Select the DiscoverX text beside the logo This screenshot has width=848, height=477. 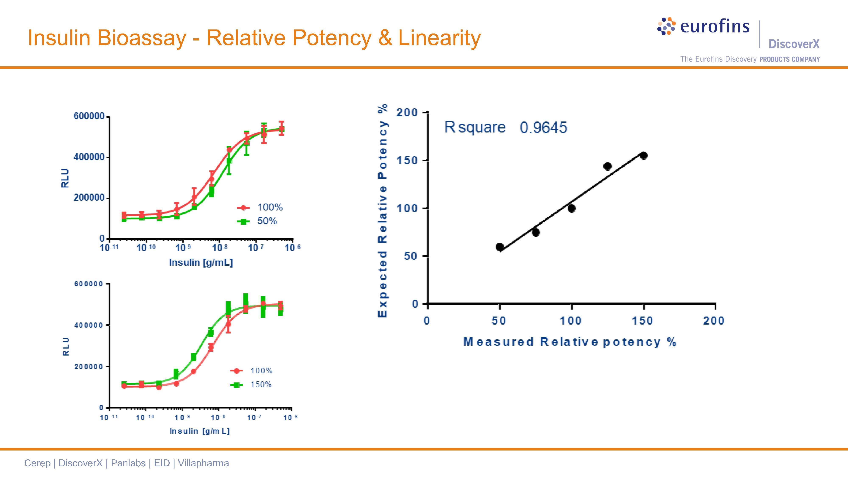point(794,44)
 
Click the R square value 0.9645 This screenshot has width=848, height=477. point(544,127)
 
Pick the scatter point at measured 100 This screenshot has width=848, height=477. point(572,208)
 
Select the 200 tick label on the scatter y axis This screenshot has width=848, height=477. point(407,113)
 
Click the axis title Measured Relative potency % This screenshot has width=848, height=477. point(569,342)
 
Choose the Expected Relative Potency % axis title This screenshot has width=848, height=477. point(382,211)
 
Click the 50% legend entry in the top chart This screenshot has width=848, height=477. point(267,221)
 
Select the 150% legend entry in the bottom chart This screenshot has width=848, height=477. point(261,385)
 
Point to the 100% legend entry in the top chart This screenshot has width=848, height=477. point(270,207)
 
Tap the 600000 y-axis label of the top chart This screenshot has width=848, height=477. point(89,116)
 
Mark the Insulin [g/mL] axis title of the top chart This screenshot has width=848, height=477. point(201,262)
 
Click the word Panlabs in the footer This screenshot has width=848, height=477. point(128,463)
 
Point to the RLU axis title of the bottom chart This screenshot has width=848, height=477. point(66,346)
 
